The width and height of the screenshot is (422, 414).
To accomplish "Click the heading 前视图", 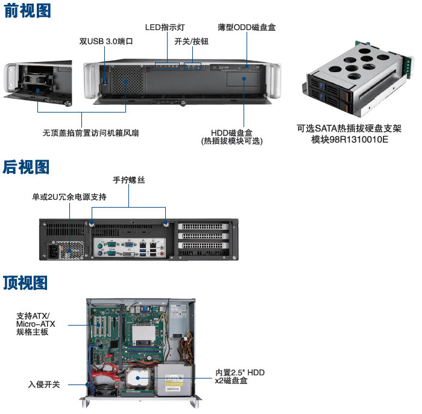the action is click(x=28, y=11).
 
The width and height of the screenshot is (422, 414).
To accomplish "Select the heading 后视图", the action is click(x=26, y=167).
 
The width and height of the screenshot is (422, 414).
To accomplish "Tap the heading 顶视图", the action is click(x=25, y=283).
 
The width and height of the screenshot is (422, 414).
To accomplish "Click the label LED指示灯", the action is click(x=165, y=27).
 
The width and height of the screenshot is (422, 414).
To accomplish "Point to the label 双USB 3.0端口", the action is click(x=106, y=42).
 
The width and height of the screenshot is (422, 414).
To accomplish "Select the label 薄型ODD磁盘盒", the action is click(x=247, y=27).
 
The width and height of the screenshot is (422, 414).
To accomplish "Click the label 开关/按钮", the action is click(x=191, y=42).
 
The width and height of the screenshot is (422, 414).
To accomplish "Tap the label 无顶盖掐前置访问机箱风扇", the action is click(x=91, y=133).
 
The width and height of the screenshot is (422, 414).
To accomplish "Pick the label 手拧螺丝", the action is click(x=128, y=180).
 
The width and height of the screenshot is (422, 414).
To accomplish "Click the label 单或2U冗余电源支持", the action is click(x=69, y=197).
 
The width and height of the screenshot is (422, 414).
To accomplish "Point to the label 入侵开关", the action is click(x=44, y=385).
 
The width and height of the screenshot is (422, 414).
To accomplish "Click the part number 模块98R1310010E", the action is click(x=350, y=140).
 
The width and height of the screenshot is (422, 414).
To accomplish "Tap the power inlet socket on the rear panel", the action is click(x=53, y=252).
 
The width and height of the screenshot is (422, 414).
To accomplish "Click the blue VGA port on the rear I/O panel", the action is click(x=128, y=245).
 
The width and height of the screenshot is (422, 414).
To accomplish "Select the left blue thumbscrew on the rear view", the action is click(x=92, y=223).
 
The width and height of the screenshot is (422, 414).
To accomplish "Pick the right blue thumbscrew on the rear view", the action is click(x=166, y=223).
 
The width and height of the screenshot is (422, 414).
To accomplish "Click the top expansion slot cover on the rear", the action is click(x=203, y=226).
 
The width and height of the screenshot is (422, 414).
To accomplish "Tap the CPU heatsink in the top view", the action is click(x=143, y=335).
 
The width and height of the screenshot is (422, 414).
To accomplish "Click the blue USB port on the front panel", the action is click(x=105, y=80).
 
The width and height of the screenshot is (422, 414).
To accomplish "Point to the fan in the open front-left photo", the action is click(x=39, y=79).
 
